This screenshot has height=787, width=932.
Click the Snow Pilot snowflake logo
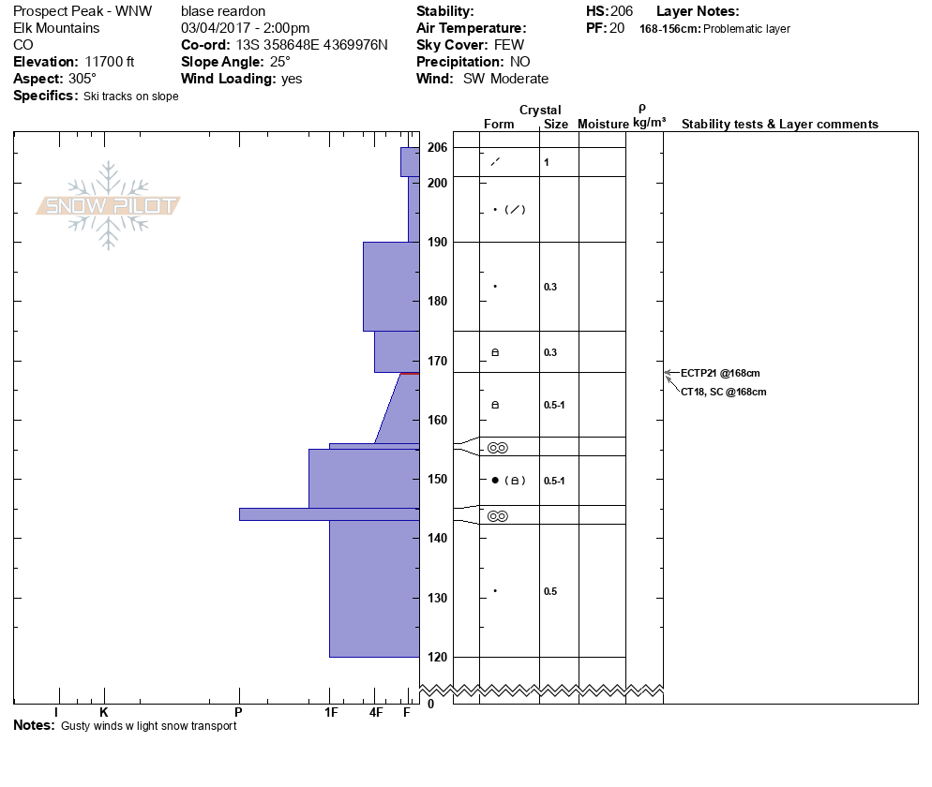[108, 205]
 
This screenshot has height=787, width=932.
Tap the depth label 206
[437, 147]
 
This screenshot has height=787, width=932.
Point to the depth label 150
[437, 479]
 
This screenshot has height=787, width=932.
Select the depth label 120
[437, 657]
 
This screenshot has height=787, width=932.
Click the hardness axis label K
[103, 712]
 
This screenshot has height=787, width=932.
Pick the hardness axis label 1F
[331, 712]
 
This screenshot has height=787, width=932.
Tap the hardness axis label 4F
[376, 712]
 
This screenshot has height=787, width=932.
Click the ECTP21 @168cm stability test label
[720, 373]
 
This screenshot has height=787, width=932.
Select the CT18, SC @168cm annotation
[723, 392]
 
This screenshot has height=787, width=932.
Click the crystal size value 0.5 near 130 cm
[550, 591]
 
